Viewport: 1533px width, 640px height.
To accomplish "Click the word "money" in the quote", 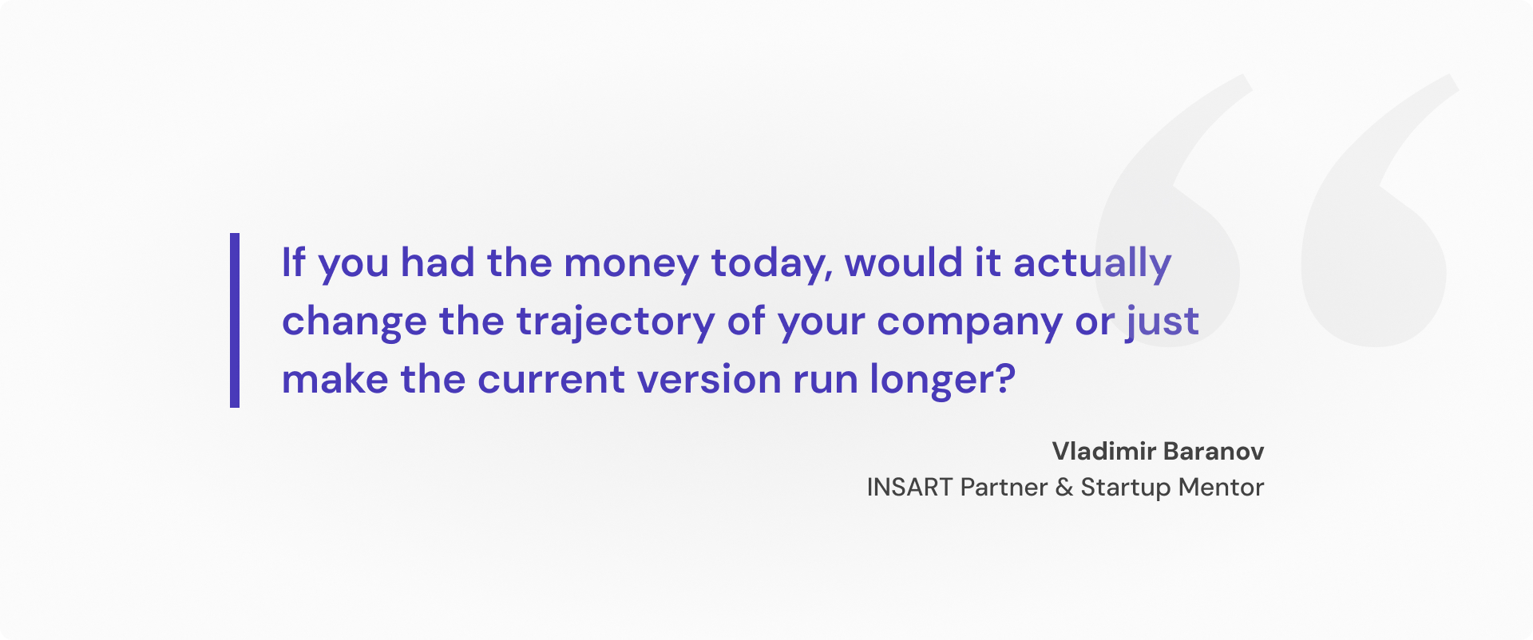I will point(631,263).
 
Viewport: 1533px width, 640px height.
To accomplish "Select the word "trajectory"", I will point(616,322).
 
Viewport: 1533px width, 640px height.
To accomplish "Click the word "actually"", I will point(1091,263).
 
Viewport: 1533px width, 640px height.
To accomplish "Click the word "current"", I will point(550,380).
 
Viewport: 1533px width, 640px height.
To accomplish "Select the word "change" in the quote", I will point(354,322).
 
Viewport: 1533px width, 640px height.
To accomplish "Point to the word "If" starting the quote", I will point(293,263).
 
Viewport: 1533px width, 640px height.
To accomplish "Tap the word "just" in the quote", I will point(1163,322).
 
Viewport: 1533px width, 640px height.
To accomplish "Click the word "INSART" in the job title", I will point(909,488).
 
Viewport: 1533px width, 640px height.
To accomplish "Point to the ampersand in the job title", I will point(1064,488).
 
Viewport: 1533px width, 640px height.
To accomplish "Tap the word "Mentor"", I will point(1221,488).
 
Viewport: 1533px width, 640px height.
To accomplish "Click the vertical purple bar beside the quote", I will point(235,320).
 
